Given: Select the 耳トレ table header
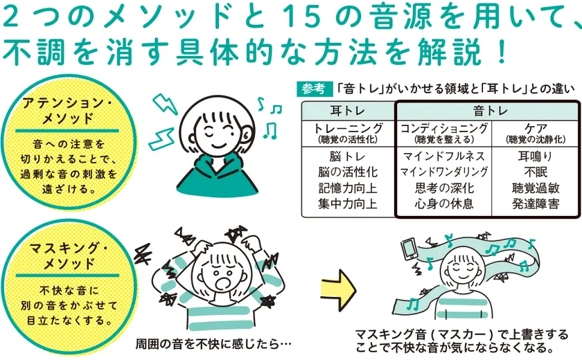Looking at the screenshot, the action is [x=347, y=111].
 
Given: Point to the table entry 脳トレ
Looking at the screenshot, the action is [x=347, y=156].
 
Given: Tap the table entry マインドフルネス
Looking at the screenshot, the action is [x=444, y=156].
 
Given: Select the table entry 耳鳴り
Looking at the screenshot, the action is [x=536, y=156].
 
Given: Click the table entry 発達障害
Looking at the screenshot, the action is [x=536, y=204].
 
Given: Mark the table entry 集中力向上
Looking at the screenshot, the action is [x=347, y=204].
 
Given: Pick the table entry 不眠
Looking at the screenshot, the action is [x=536, y=172].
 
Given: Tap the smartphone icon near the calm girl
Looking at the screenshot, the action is [x=409, y=249].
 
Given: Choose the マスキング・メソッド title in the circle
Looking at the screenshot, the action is [x=69, y=255].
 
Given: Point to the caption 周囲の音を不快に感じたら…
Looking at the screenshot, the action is [x=213, y=343].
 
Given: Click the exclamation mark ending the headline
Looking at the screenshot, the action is [x=502, y=53].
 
